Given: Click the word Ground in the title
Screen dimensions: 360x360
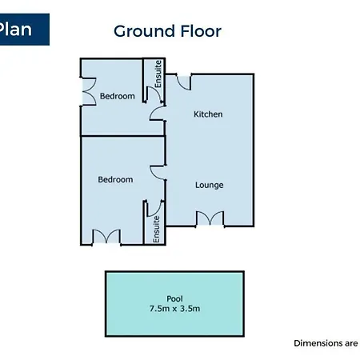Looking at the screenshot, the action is point(144,31).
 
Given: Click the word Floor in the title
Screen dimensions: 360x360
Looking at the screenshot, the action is point(201,31).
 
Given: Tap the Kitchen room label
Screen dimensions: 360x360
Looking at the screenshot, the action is point(208,114).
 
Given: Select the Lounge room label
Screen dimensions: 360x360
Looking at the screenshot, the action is point(210,185).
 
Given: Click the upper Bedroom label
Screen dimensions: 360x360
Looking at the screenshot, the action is point(118,96).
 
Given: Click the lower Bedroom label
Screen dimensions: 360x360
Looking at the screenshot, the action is point(115,179).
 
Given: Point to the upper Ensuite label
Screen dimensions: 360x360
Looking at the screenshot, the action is point(158,74).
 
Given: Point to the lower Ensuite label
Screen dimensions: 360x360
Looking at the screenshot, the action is point(156,230).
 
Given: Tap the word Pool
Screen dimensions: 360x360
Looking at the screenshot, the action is point(174,298).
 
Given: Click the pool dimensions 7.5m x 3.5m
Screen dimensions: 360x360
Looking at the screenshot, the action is point(174,309).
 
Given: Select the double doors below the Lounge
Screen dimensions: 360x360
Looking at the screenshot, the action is point(210,218).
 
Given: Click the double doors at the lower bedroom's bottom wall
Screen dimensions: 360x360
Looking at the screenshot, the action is point(106,237).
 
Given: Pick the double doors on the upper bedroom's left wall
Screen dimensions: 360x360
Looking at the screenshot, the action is point(89,92).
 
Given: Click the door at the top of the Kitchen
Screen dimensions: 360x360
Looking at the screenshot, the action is point(184,82).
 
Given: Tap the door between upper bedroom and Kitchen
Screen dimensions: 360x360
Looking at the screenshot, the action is point(158,114).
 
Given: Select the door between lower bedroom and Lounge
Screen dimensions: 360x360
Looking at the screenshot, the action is point(158,173).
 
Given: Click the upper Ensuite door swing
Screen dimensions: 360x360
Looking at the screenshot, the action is point(154,94).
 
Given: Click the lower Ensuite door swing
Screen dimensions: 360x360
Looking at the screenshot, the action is point(154,208).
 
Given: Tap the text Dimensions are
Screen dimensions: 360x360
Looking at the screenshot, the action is point(326,343).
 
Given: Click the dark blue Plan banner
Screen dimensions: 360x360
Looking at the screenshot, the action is point(25,30).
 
